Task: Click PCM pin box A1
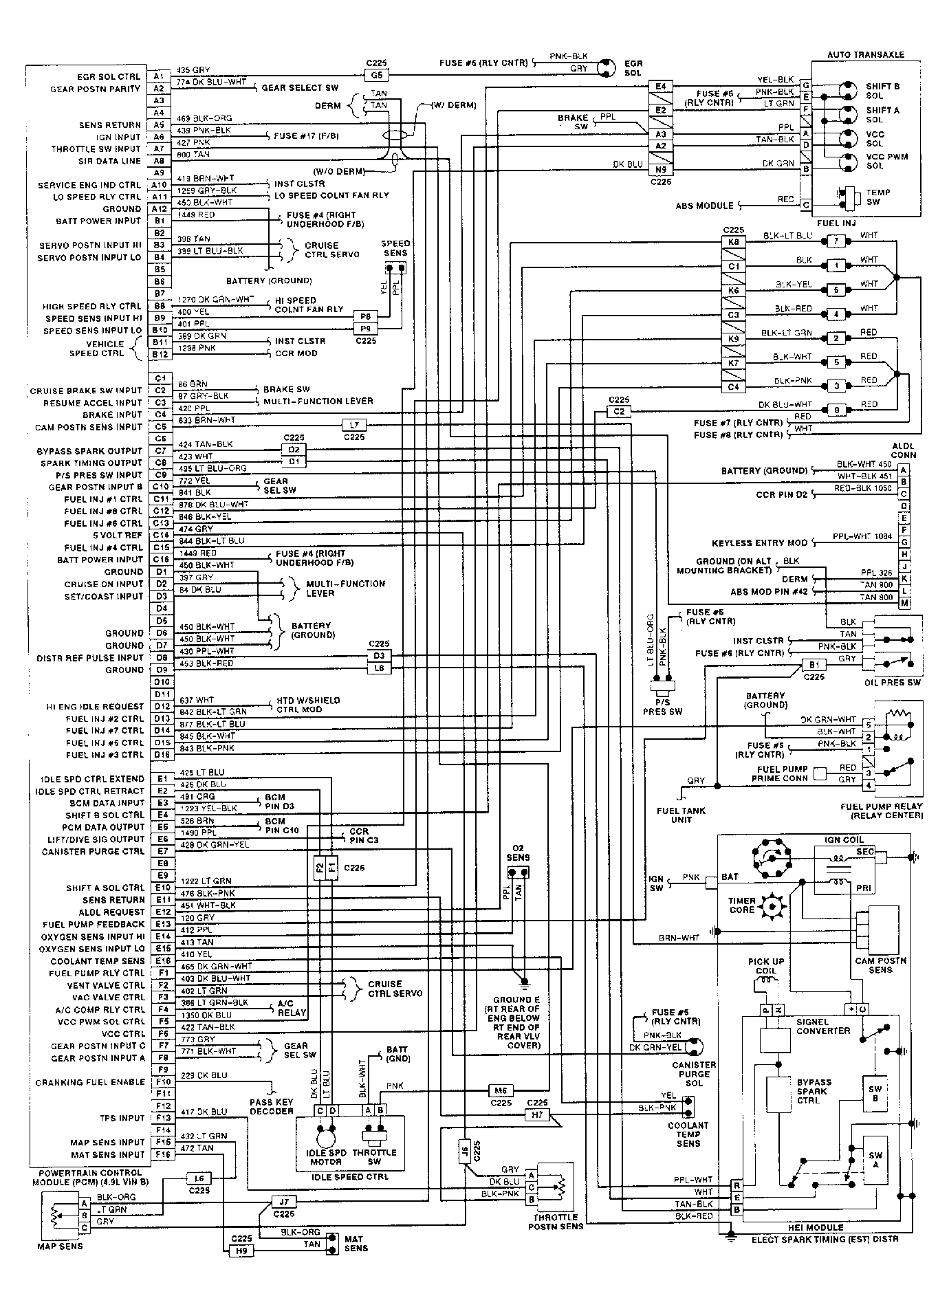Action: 159,76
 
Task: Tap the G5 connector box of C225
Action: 377,76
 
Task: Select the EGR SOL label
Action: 633,68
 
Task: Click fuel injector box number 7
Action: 836,241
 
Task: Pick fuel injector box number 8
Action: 836,410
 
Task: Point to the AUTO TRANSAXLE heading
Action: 865,55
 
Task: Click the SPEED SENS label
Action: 395,248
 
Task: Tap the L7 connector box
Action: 354,425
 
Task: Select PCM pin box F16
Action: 162,1154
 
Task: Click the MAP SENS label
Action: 61,1246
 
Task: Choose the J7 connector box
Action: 283,1202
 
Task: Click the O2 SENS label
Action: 518,853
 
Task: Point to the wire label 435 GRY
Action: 193,70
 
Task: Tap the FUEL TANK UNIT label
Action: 681,815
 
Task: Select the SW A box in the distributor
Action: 875,1160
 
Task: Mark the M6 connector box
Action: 500,1090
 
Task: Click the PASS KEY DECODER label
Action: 272,1106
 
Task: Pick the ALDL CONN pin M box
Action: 904,603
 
